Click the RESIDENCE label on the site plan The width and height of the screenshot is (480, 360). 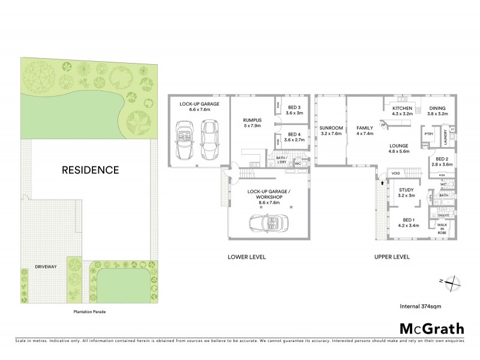point(91,170)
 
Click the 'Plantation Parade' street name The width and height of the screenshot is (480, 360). point(88,311)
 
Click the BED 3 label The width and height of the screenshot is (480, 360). point(293,106)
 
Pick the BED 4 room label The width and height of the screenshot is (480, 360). point(293,134)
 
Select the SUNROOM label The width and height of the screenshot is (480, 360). point(331,128)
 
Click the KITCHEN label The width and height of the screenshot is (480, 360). point(402,107)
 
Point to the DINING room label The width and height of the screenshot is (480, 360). point(437,107)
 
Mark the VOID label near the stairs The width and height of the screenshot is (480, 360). point(395,173)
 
